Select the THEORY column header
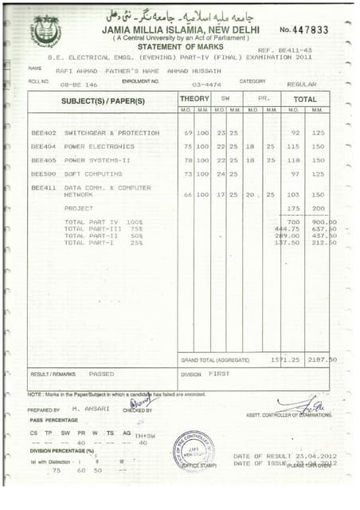[194, 99]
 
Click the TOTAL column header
[306, 99]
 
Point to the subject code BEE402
[44, 133]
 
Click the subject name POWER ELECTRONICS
[100, 147]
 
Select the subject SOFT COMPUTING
[93, 173]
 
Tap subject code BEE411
[44, 187]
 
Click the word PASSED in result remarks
[101, 374]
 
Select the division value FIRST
[219, 374]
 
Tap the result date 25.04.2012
[314, 456]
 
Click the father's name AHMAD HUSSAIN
[194, 70]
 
